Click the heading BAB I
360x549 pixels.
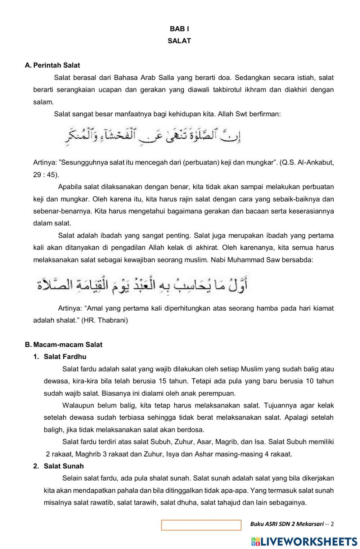(x=179, y=29)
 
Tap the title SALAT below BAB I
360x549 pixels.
(x=179, y=41)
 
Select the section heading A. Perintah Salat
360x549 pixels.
(x=53, y=66)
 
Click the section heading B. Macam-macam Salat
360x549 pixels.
(x=64, y=345)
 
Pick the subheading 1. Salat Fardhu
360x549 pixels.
(x=60, y=357)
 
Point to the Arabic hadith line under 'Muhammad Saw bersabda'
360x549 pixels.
(x=142, y=285)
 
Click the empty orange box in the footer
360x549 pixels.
(x=201, y=525)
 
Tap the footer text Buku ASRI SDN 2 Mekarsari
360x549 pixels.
(x=287, y=524)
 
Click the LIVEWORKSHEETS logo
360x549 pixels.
(x=304, y=541)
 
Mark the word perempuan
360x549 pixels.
(x=220, y=393)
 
